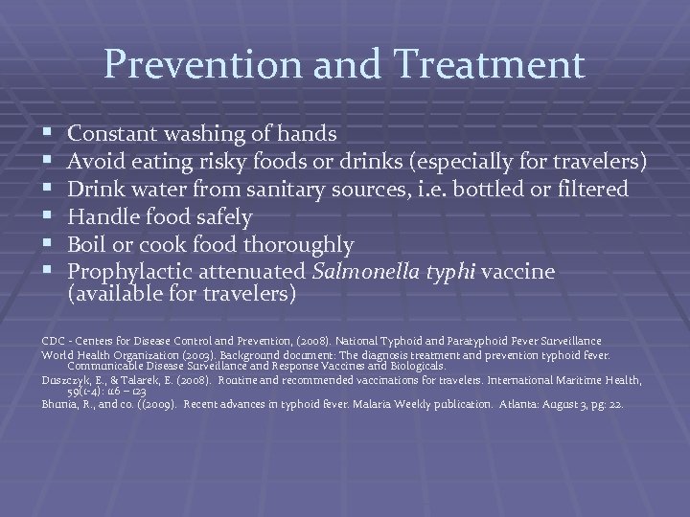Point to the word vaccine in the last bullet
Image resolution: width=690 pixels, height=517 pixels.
[517, 273]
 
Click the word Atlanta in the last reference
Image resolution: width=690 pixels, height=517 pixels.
[524, 405]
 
